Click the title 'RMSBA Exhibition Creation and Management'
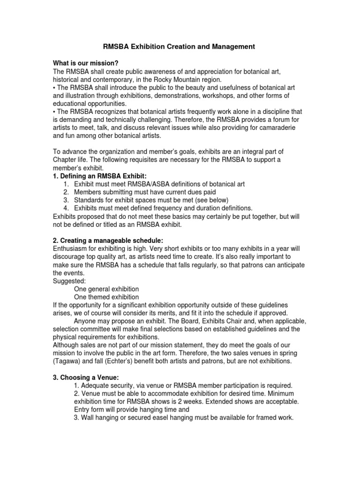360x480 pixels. [179, 47]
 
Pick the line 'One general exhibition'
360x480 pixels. [106, 289]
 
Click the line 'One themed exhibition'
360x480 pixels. [106, 297]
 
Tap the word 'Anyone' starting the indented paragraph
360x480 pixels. [86, 321]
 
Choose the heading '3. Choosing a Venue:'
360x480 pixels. [86, 378]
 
